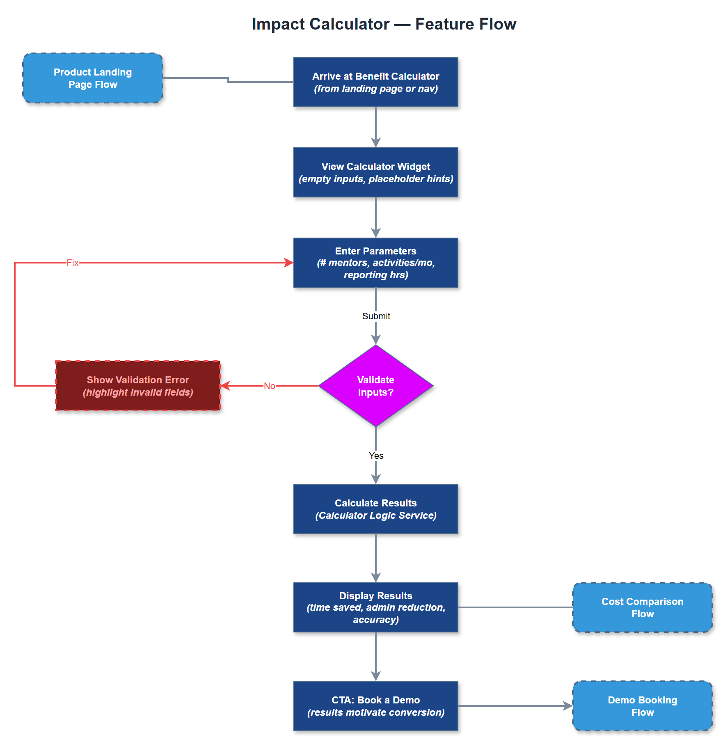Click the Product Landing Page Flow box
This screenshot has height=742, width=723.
point(93,78)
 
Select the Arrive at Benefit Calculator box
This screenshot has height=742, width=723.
point(375,82)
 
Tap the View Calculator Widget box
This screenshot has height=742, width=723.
point(375,172)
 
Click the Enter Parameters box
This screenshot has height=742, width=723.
point(375,263)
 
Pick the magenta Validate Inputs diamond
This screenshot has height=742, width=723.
point(375,386)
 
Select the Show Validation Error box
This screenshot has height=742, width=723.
point(137,386)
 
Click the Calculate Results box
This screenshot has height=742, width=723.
point(375,509)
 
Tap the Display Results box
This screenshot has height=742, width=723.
point(375,607)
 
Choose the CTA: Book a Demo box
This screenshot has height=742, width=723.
point(375,706)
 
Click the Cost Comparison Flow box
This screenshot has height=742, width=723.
point(642,607)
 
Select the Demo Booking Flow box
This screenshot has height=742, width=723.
point(642,706)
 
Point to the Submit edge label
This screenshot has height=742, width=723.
point(376,316)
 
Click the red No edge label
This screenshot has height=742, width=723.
point(269,386)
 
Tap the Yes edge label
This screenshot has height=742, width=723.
point(376,456)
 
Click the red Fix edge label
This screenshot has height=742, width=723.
point(73,263)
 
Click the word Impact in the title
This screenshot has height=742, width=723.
point(279,24)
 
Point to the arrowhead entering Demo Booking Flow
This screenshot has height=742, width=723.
point(568,706)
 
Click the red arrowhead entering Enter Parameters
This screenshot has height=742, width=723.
point(289,263)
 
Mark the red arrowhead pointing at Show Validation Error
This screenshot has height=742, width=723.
point(225,386)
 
